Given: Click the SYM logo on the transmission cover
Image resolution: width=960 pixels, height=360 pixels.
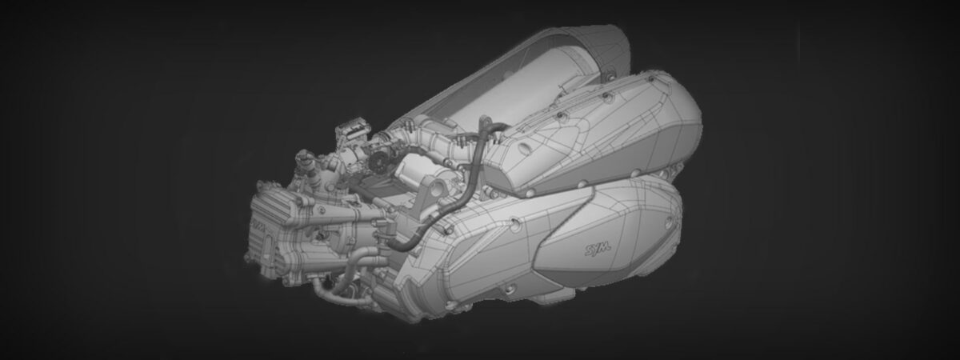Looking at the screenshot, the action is (598, 249).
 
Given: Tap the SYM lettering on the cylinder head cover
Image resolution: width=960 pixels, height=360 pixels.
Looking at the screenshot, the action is (258, 225).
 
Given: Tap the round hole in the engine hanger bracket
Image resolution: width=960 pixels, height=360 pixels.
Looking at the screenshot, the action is (436, 189).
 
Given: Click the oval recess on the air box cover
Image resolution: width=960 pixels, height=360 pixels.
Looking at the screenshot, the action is (524, 148).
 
